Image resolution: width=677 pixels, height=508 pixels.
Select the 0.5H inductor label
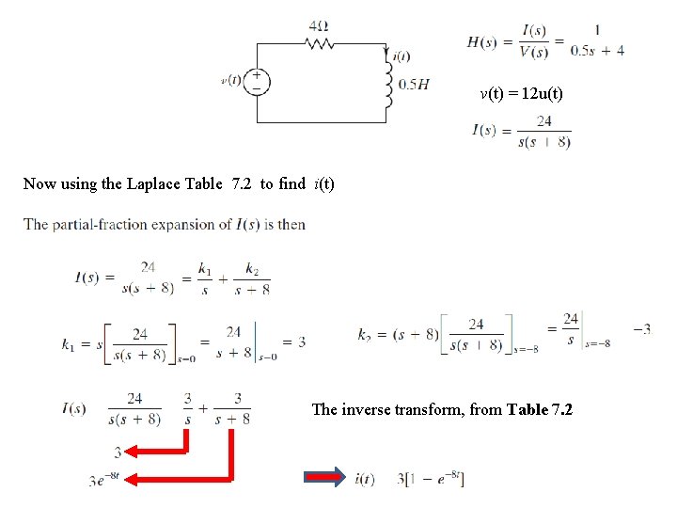(414, 85)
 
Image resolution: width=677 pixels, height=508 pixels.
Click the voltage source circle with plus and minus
(256, 81)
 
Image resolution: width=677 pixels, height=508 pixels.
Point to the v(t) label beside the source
(231, 80)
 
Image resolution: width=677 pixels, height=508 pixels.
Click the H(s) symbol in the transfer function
(482, 43)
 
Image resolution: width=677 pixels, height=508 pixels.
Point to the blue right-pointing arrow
(323, 478)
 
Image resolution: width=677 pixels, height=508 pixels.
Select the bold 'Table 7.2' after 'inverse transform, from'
(540, 409)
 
